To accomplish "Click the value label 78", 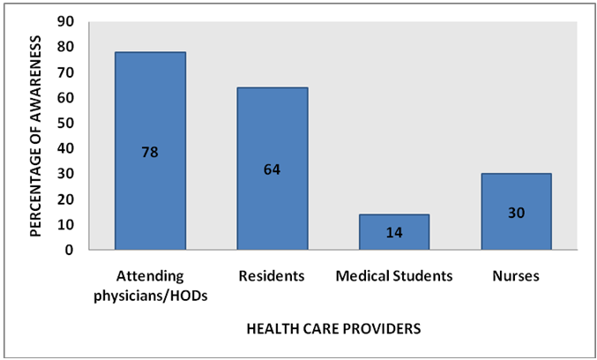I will (150, 151).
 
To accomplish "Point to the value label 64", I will (272, 169).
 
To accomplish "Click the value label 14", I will (393, 233).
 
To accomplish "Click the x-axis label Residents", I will (272, 276).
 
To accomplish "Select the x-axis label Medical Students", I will (394, 276).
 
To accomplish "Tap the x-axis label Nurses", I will (516, 276).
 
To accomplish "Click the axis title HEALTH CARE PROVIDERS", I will (332, 329).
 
